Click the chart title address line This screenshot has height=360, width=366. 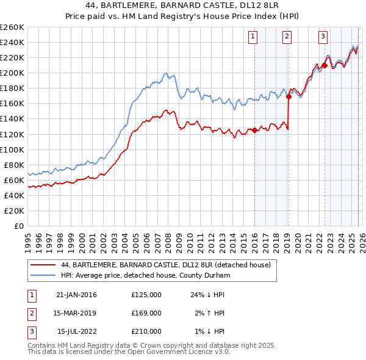pyautogui.click(x=182, y=7)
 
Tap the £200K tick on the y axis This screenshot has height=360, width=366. pyautogui.click(x=12, y=73)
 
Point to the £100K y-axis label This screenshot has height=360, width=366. pyautogui.click(x=12, y=149)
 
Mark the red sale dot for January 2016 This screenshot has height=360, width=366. pyautogui.click(x=254, y=130)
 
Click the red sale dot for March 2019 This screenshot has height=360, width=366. pyautogui.click(x=289, y=96)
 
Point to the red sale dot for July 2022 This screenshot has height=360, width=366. pyautogui.click(x=325, y=65)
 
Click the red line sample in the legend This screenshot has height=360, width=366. pyautogui.click(x=43, y=265)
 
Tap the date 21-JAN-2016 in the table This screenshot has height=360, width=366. pyautogui.click(x=76, y=295)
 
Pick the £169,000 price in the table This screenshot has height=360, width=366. pyautogui.click(x=146, y=313)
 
